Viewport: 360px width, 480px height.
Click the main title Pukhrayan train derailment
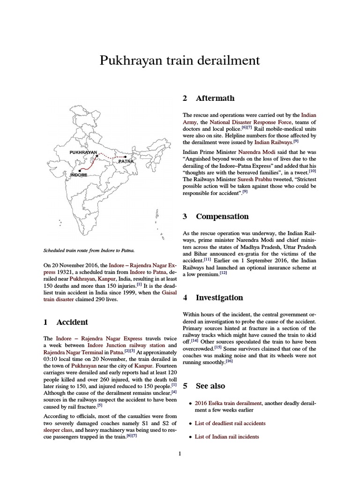coord(180,61)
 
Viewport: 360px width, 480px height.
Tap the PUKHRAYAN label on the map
coord(83,152)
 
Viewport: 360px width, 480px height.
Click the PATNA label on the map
coord(126,161)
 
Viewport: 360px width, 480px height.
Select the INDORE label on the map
coord(79,175)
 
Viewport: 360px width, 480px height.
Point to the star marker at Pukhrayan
coord(97,156)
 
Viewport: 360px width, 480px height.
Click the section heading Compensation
coord(222,216)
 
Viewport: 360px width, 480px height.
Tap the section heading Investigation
coord(219,297)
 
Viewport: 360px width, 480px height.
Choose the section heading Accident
coord(72,322)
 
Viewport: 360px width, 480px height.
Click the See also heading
coord(210,386)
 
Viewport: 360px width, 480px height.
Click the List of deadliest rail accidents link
coord(230,423)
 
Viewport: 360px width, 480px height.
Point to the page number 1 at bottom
coord(180,453)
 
